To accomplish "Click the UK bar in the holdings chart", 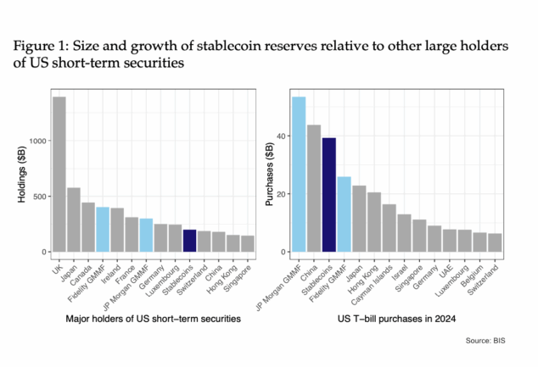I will (59, 174).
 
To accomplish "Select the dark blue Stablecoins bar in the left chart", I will (189, 241).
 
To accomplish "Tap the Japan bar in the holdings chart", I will (74, 220).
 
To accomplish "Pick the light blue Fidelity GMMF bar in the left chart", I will (103, 229).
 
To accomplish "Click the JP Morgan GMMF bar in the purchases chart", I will (299, 174).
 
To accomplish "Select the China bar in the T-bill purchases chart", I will (314, 188).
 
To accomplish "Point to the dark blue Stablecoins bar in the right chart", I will (329, 195).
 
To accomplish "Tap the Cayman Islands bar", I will (389, 228).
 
